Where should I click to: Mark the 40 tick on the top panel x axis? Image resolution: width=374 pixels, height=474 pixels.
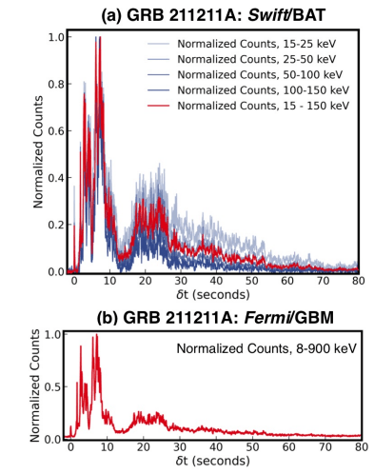click(x=215, y=284)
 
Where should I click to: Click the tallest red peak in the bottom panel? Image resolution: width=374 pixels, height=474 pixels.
click(x=95, y=336)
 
